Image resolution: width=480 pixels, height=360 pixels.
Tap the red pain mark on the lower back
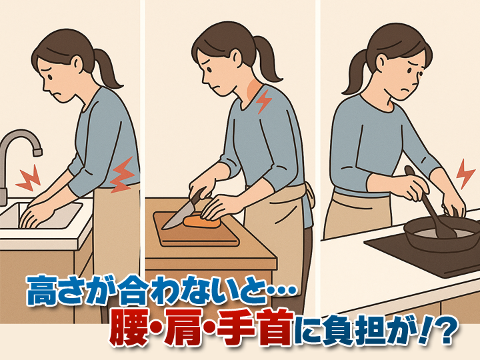pos(123,175)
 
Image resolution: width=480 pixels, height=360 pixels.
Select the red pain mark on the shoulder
pos(264,101)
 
